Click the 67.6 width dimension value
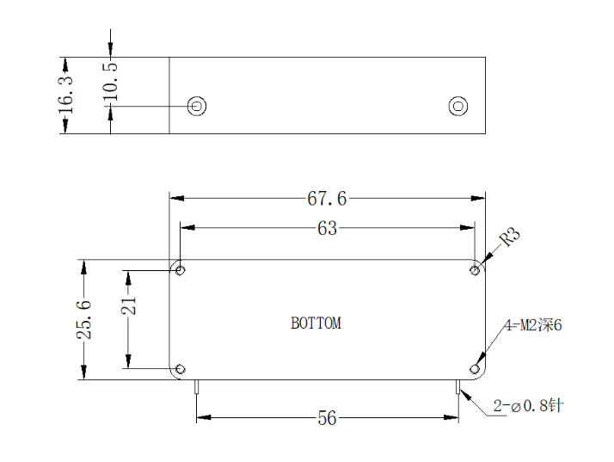pyautogui.click(x=327, y=198)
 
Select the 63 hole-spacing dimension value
pyautogui.click(x=327, y=228)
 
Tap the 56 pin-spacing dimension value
pyautogui.click(x=327, y=418)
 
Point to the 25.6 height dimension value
pyautogui.click(x=83, y=320)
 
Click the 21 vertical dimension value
pyautogui.click(x=128, y=305)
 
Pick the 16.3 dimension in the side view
pyautogui.click(x=65, y=95)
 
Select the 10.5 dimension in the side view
pyautogui.click(x=110, y=81)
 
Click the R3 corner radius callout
pyautogui.click(x=510, y=237)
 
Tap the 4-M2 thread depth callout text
pyautogui.click(x=533, y=325)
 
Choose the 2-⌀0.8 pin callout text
pyautogui.click(x=528, y=405)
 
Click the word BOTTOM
pyautogui.click(x=316, y=323)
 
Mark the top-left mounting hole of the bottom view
pyautogui.click(x=180, y=270)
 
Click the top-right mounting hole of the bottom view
pyautogui.click(x=475, y=270)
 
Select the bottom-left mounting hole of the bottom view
pyautogui.click(x=180, y=369)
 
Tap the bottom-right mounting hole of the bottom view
pyautogui.click(x=475, y=369)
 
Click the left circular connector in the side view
pyautogui.click(x=197, y=106)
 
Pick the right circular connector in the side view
pyautogui.click(x=458, y=106)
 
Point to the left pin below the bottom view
pyautogui.click(x=197, y=386)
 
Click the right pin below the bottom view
pyautogui.click(x=457, y=386)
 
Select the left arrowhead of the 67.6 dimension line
pyautogui.click(x=177, y=198)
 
